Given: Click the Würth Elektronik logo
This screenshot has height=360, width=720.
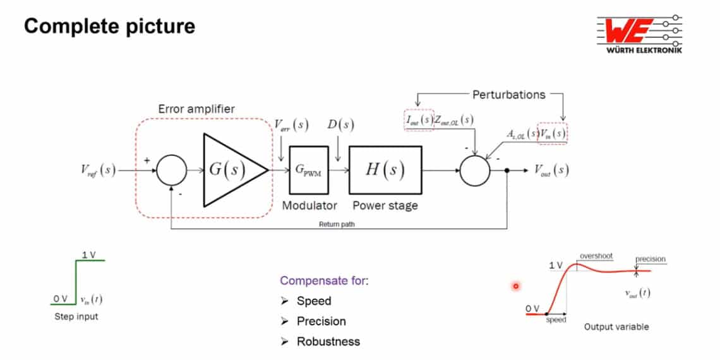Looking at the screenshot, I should click(x=639, y=35).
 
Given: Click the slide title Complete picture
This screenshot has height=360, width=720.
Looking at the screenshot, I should click(x=109, y=27).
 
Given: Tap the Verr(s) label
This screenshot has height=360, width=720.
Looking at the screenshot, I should click(x=291, y=124).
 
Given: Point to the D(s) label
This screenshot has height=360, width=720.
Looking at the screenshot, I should click(x=340, y=124).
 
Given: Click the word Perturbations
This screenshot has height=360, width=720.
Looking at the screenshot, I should click(x=508, y=95).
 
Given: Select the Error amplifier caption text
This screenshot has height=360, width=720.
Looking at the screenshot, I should click(x=196, y=109).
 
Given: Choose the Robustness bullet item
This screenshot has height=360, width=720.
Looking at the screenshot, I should click(x=328, y=341).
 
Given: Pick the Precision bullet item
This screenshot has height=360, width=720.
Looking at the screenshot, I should click(x=321, y=321).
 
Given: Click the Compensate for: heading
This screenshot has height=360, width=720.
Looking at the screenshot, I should click(x=324, y=280).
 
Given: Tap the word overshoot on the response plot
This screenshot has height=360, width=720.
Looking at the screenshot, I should click(x=596, y=256).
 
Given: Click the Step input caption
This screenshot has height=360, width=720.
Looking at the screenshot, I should click(x=76, y=316).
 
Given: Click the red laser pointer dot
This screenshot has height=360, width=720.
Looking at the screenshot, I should click(x=515, y=286).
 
